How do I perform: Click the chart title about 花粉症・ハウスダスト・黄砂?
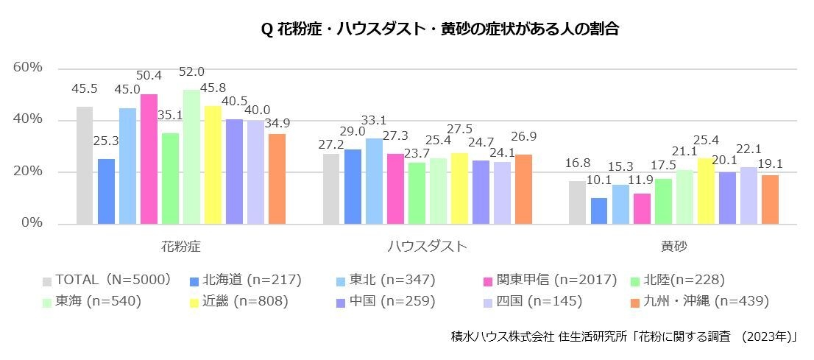coord(439,30)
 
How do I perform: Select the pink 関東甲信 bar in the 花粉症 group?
coord(149,159)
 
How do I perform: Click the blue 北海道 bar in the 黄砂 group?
coord(599,211)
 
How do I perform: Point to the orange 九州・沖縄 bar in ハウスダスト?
coord(523,189)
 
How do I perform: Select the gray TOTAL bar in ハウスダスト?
coord(331,188)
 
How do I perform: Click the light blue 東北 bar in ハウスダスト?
coord(374,181)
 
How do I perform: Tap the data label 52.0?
coord(191,72)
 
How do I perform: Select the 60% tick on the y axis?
coord(28,68)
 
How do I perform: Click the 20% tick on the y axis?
coord(28,172)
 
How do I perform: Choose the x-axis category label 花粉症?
coord(180,246)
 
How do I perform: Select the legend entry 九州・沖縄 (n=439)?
coord(698,301)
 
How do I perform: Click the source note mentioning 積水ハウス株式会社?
coord(625,336)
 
